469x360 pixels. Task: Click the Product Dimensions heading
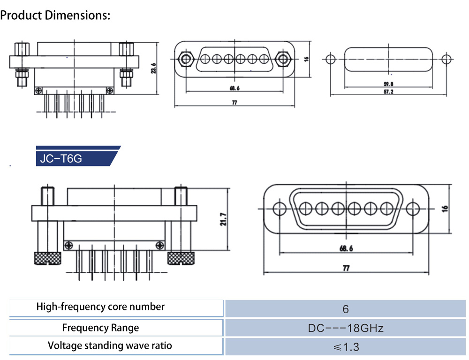55,15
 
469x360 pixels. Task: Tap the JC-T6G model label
61,158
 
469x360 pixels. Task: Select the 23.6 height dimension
154,69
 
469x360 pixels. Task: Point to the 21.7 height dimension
223,219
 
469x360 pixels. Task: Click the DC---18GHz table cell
346,328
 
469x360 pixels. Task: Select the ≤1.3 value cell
346,347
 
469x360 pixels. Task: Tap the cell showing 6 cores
346,309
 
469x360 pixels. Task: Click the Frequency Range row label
100,328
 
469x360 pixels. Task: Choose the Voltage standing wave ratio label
110,346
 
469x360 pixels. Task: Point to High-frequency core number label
100,307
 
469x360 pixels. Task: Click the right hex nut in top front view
282,59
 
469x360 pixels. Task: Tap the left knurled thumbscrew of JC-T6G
47,258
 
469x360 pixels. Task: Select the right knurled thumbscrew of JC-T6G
182,258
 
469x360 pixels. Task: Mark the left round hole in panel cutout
330,60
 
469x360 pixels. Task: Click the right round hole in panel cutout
447,60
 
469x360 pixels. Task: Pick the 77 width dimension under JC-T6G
346,269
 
